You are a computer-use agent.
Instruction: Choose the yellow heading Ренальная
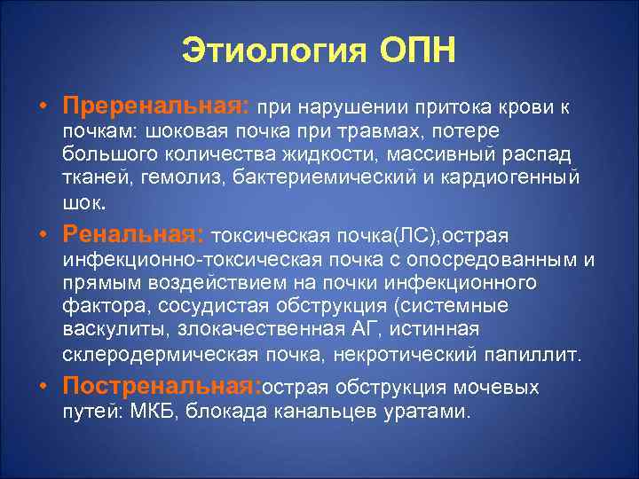(134, 234)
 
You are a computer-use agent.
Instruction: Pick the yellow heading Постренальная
(162, 388)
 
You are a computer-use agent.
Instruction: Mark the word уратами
(434, 412)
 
